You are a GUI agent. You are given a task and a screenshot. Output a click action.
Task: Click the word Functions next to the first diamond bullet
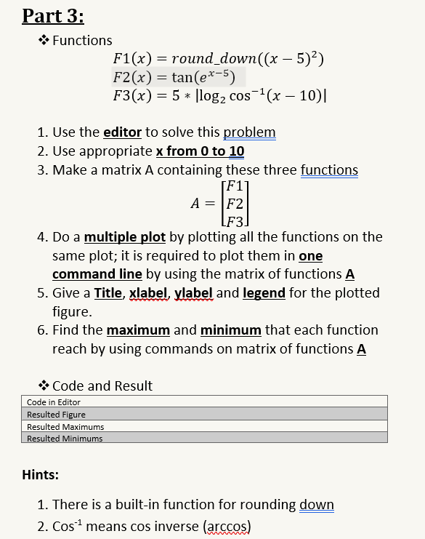pos(82,40)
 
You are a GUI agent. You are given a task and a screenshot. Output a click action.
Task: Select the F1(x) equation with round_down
pos(218,60)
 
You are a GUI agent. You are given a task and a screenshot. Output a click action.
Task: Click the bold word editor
pos(123,132)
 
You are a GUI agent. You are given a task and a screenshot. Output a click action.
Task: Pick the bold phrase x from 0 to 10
pos(200,151)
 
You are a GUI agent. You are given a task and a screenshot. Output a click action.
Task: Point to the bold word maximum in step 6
pos(138,330)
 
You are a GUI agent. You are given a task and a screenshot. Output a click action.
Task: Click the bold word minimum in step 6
pos(230,330)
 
